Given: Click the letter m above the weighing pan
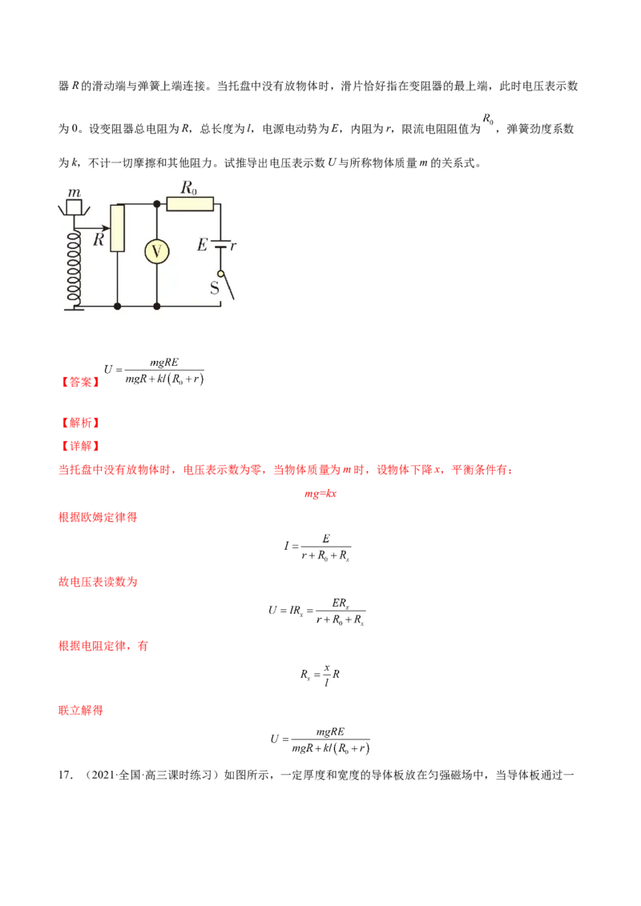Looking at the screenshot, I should (x=74, y=193).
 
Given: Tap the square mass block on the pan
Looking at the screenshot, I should (x=75, y=208).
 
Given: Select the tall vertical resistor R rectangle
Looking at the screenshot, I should (x=118, y=228).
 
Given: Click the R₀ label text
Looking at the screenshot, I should (x=189, y=189).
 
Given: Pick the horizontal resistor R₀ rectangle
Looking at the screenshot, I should (x=191, y=204).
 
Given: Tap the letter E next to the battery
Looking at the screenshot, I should (x=202, y=246).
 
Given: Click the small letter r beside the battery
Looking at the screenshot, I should (x=233, y=246).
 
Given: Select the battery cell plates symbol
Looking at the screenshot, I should (x=220, y=245).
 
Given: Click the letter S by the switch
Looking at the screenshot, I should (x=214, y=288).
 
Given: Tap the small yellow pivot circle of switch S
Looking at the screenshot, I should (x=220, y=274).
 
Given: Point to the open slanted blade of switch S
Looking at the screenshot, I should (x=228, y=287).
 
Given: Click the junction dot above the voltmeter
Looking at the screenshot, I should (x=156, y=204).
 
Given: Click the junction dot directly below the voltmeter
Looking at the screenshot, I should (x=156, y=306).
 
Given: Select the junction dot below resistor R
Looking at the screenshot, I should (x=118, y=306).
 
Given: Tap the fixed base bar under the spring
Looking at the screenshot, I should (x=75, y=306).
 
